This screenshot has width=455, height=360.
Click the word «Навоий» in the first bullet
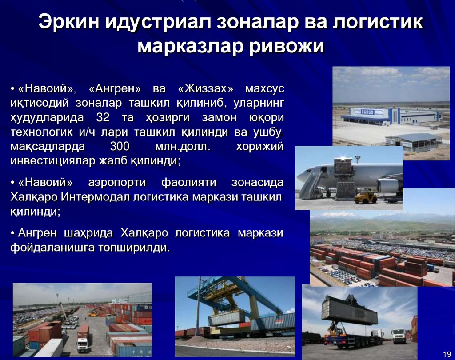pos(47,89)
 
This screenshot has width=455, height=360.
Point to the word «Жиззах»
pos(204,89)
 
